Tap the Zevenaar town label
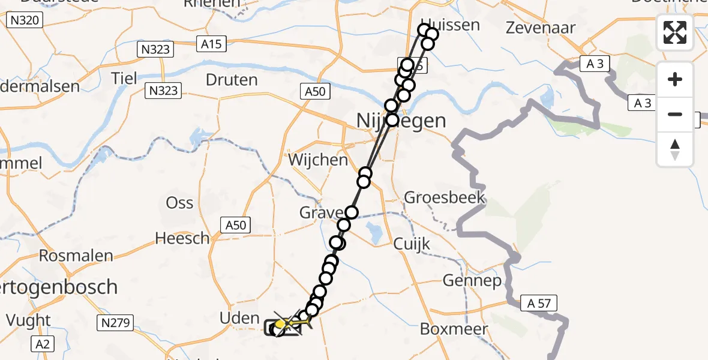(x=541, y=28)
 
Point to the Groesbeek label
(x=444, y=197)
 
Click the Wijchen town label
(x=318, y=160)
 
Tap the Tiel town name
(x=124, y=78)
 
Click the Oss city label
(x=179, y=202)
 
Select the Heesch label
(x=182, y=238)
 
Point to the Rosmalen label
(x=76, y=256)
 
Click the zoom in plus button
(x=675, y=79)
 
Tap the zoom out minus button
(x=675, y=114)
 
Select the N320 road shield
(x=24, y=21)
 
